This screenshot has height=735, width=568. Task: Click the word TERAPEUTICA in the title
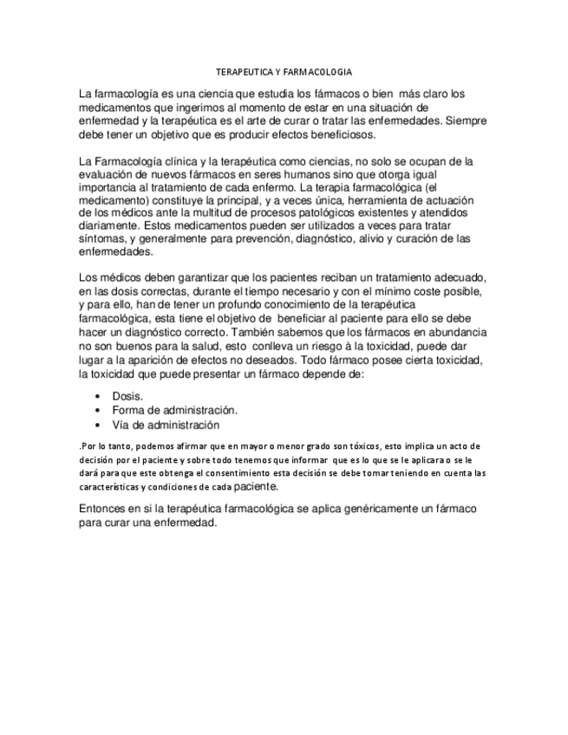(x=240, y=72)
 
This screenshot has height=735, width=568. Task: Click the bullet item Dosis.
(x=127, y=395)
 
